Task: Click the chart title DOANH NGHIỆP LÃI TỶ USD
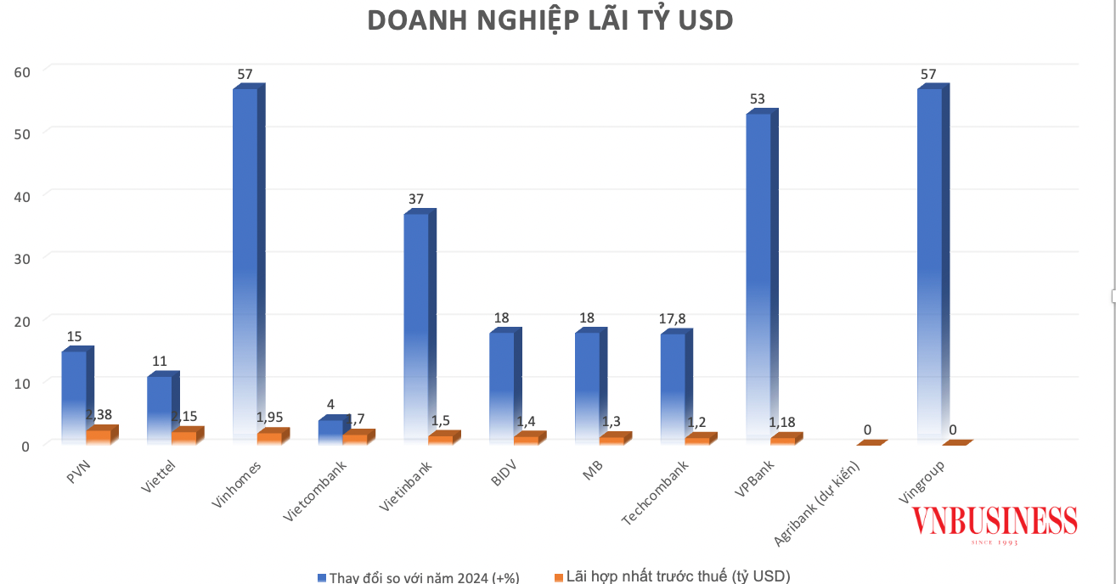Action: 550,21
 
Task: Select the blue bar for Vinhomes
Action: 245,255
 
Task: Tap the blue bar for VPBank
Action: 758,272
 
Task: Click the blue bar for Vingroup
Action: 929,255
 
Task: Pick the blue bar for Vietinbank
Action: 416,323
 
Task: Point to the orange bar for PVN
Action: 99,436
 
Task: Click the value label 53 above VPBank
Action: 757,99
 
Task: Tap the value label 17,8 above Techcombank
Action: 672,319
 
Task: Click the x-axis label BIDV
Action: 504,472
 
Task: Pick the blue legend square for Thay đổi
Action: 322,577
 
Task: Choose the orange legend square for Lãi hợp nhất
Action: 559,577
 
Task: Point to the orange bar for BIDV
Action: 526,440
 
